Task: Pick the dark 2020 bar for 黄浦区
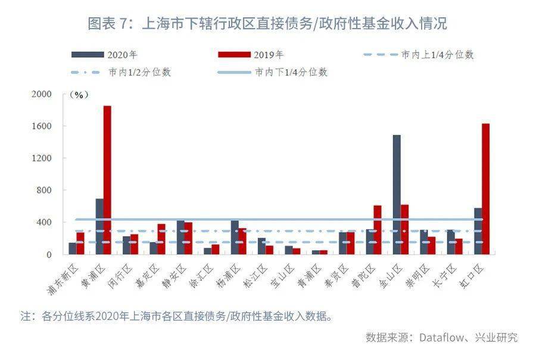coord(99,226)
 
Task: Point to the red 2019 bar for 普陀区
coord(378,230)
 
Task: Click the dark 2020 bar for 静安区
coord(180,237)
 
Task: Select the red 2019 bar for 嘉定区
coord(161,239)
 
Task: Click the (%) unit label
coord(79,95)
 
